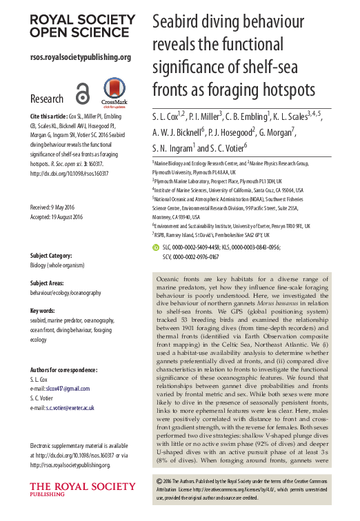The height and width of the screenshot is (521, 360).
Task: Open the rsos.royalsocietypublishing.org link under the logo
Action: coord(80,57)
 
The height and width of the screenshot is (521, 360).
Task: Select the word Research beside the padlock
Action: coord(47,99)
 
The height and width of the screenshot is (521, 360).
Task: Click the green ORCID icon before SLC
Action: coord(155,246)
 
